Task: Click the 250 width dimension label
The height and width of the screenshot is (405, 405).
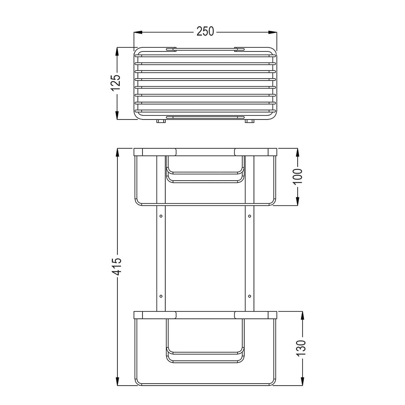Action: [x=205, y=32]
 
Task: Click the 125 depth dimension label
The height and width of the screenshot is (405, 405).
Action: [x=116, y=83]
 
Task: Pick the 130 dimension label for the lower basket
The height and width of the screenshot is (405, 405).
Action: [x=302, y=348]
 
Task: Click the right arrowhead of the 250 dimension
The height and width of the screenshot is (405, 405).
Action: [x=274, y=32]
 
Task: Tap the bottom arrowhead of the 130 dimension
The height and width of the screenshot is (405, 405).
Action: [x=302, y=380]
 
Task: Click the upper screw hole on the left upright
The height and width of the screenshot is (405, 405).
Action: [x=161, y=216]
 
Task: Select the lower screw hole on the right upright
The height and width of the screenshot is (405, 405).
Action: [x=250, y=296]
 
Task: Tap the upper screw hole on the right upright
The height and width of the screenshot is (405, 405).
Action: [x=250, y=216]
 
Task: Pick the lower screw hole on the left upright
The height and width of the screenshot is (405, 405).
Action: [x=161, y=296]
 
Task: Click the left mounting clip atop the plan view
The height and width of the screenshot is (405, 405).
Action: [x=171, y=49]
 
